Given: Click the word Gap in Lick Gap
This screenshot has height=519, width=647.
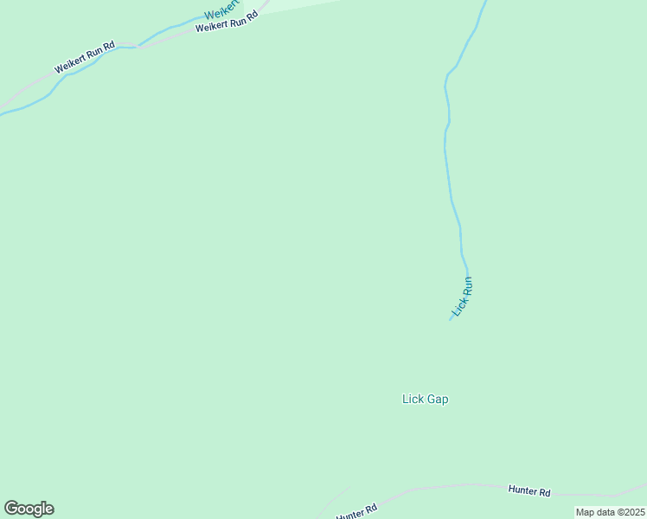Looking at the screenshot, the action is [437, 400].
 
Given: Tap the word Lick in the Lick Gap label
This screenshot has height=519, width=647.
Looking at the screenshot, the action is [413, 400].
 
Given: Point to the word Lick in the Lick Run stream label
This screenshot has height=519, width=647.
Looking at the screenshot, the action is [458, 307].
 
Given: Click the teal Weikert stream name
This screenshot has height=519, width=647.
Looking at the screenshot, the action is [223, 12].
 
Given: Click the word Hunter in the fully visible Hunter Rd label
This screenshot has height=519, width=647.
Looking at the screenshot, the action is [522, 490].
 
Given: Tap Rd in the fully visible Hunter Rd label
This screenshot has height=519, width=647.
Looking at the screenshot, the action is [545, 492].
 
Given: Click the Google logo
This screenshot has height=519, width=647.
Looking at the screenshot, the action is [29, 509].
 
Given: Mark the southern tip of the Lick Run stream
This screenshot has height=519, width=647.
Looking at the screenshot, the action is [450, 320].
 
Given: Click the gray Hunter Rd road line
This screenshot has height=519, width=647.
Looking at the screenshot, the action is [450, 488].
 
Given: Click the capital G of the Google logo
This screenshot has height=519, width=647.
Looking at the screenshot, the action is [11, 509].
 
